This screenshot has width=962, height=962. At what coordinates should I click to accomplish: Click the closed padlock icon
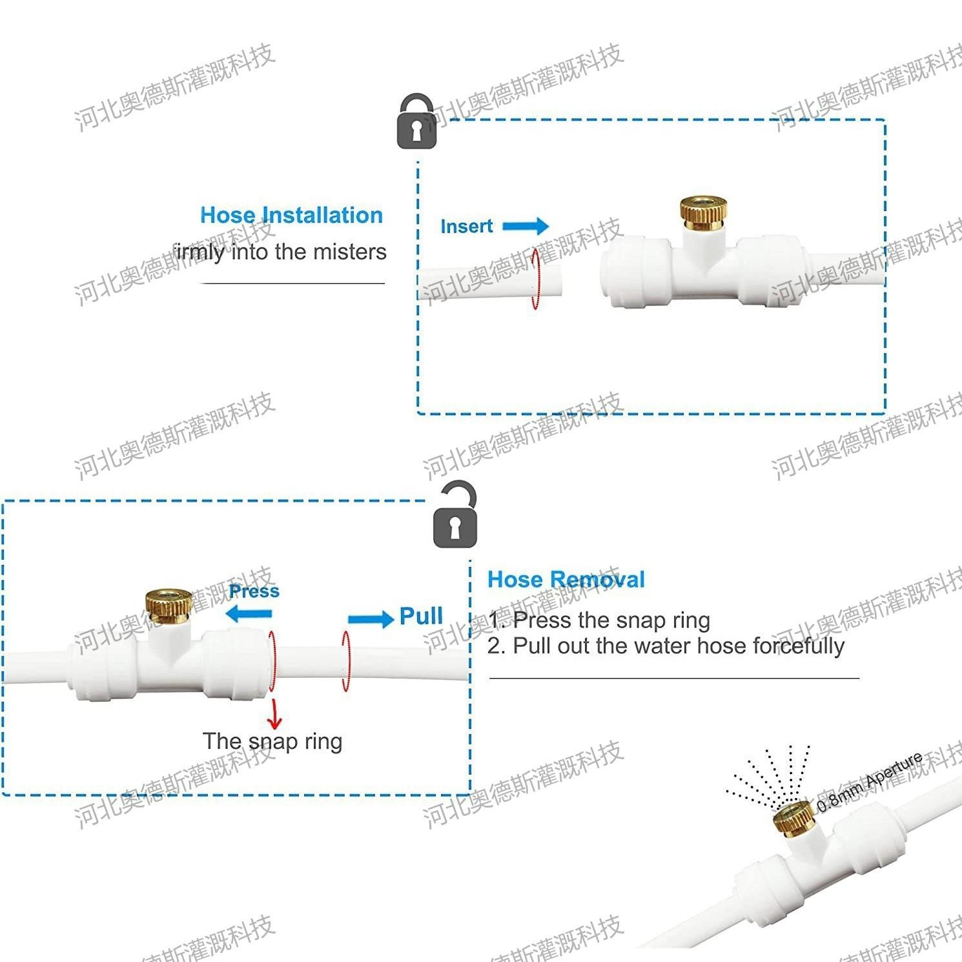(x=416, y=122)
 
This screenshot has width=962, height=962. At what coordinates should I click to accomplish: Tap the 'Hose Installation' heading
(x=291, y=215)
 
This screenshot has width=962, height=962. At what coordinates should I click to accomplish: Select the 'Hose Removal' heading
(x=566, y=579)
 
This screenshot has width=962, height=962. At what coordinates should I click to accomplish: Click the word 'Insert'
(x=466, y=227)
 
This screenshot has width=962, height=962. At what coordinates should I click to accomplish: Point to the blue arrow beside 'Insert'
(x=526, y=226)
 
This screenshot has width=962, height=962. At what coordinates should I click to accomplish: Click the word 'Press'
(x=254, y=591)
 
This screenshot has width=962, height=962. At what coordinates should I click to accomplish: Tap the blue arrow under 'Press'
(x=249, y=613)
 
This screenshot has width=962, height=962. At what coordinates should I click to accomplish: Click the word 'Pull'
(x=421, y=616)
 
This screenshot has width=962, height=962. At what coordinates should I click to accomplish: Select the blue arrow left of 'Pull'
(x=371, y=619)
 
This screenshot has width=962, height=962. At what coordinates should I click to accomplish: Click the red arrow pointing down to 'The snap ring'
(x=276, y=713)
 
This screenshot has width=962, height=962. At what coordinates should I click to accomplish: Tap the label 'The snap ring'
(x=272, y=741)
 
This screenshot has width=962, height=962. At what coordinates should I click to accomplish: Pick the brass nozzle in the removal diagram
(x=168, y=602)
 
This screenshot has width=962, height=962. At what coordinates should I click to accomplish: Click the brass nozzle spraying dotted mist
(x=793, y=817)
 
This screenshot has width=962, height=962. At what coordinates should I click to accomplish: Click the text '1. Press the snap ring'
(x=599, y=620)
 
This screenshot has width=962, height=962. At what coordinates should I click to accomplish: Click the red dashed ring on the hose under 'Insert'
(x=535, y=279)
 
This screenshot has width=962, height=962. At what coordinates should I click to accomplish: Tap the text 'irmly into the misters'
(x=280, y=252)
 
